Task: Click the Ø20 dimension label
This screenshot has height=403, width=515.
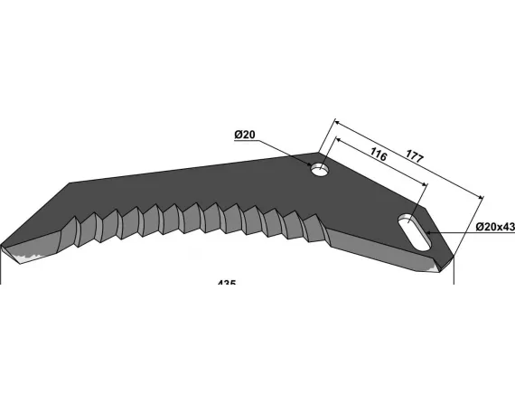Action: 245,136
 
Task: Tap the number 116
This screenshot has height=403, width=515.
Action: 378,156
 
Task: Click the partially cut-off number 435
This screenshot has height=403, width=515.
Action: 227,283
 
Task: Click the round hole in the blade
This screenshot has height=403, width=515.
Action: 318,169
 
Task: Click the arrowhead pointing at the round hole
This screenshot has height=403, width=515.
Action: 309,164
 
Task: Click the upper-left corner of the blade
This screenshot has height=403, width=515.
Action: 70,183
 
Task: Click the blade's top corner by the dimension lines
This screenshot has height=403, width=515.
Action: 321,153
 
